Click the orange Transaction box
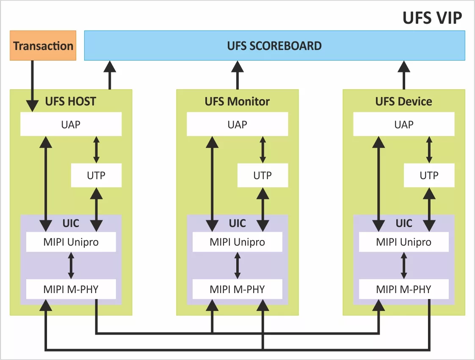[43, 46]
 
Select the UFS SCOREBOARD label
[274, 46]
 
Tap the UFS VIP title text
[432, 18]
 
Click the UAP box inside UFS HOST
[71, 124]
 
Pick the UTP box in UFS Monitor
[262, 175]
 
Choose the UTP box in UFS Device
[429, 175]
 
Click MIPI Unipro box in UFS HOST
[71, 242]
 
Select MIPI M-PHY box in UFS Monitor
[237, 289]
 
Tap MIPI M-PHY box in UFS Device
[403, 289]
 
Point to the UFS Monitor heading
[237, 102]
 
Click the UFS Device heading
[403, 102]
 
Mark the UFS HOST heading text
[71, 102]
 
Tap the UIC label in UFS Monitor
[237, 223]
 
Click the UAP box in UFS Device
[403, 124]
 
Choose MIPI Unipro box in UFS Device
[403, 242]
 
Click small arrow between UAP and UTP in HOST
[96, 149]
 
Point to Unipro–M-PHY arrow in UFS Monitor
[237, 266]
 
